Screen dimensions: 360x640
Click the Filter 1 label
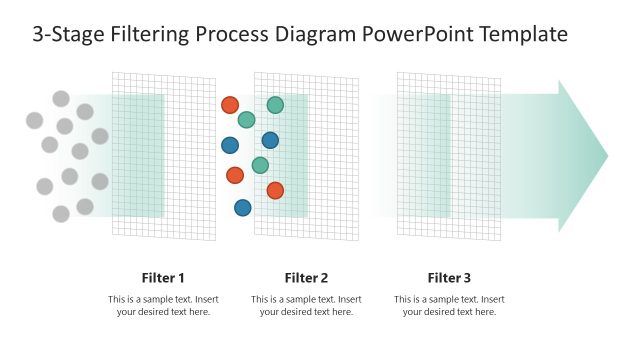[163, 278]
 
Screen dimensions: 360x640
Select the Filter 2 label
[306, 278]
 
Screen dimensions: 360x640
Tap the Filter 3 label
[449, 278]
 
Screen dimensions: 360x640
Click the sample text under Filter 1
[163, 305]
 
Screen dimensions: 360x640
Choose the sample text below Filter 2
[306, 305]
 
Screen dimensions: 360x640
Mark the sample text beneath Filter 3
[449, 305]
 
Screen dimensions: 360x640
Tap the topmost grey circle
[61, 98]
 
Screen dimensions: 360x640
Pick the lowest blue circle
[242, 208]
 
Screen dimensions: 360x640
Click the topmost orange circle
[230, 105]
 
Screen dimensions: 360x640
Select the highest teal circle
[275, 105]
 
